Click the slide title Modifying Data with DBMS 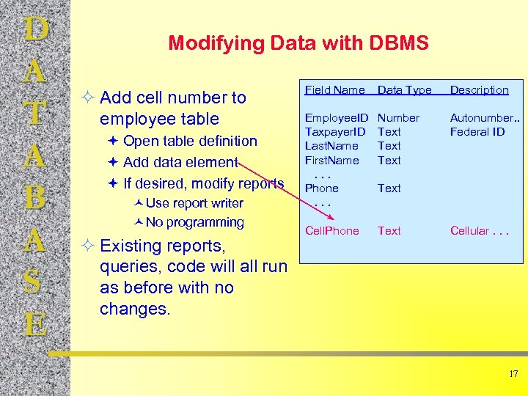click(298, 43)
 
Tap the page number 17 click(513, 374)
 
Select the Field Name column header click(334, 90)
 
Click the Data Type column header click(404, 90)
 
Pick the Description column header click(479, 90)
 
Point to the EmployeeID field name click(337, 118)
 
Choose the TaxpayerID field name click(335, 132)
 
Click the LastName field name click(331, 146)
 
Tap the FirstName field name click(331, 160)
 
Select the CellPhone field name click(331, 231)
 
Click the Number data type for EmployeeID click(398, 118)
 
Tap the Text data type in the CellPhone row click(389, 231)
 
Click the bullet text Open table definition click(190, 141)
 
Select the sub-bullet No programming click(194, 222)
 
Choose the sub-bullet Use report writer click(194, 203)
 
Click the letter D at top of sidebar click(36, 31)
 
